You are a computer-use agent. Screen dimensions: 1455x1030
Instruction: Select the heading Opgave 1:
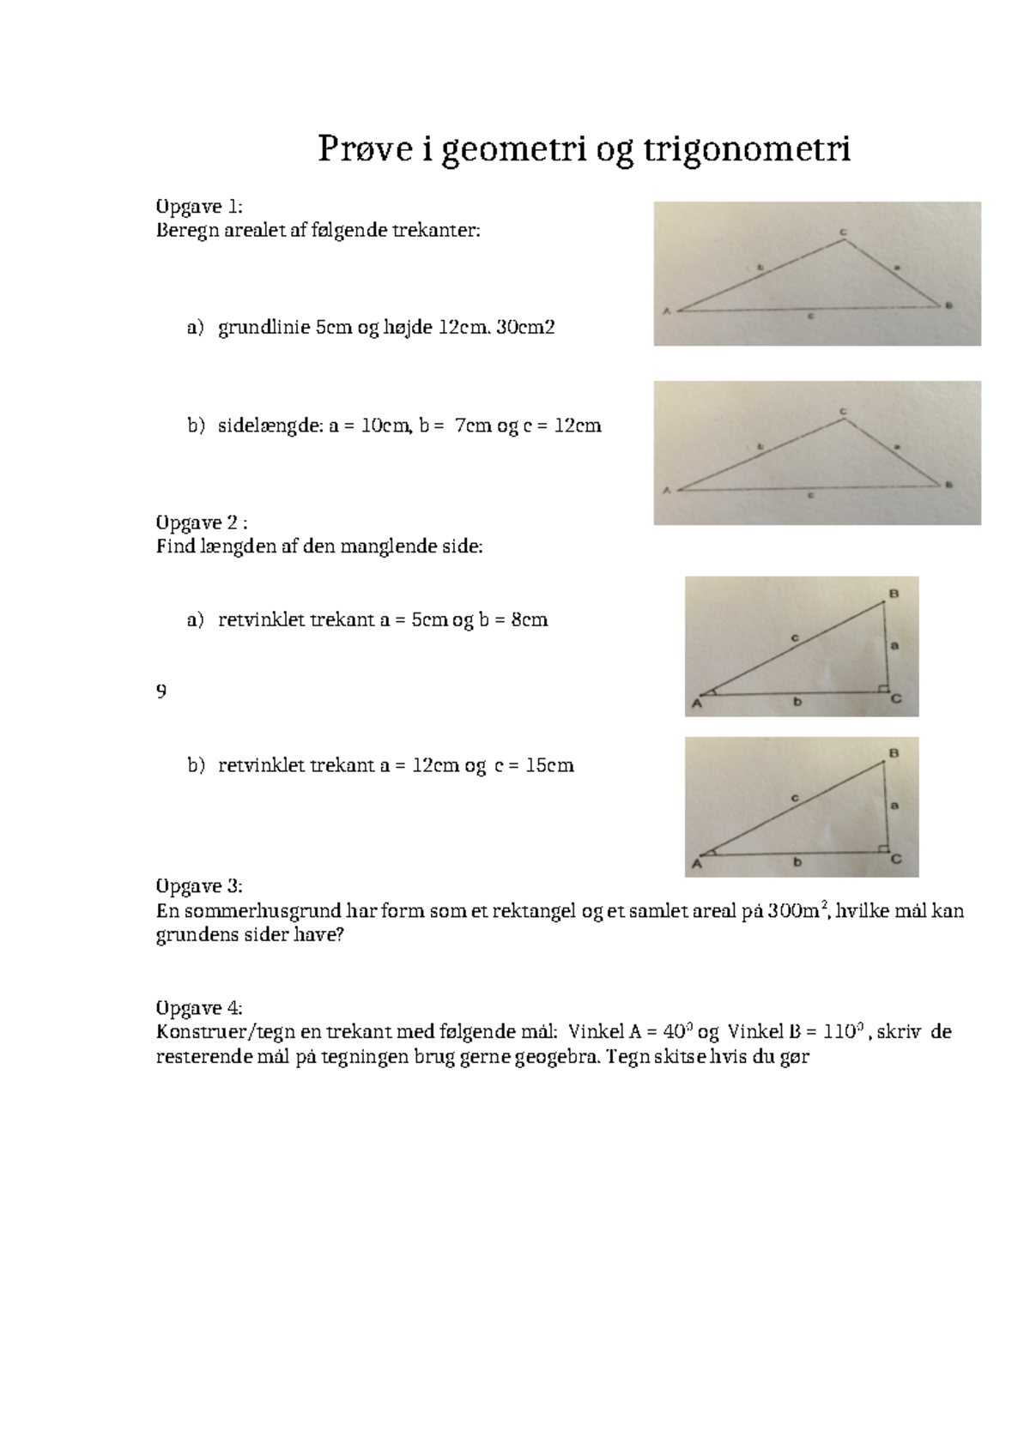click(199, 207)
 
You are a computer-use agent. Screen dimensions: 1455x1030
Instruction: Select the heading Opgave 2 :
click(203, 522)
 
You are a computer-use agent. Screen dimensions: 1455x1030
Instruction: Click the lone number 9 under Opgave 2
click(161, 691)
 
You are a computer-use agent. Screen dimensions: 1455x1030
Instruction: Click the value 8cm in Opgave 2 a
click(529, 619)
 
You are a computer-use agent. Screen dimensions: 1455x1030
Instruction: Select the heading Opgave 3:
click(199, 886)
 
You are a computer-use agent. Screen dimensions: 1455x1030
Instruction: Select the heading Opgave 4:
click(199, 1007)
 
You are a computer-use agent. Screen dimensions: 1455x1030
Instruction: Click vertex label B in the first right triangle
click(894, 594)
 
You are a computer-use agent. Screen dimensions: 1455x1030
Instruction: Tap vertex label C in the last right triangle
click(895, 859)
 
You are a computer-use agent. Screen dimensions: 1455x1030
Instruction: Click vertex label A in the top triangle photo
click(665, 312)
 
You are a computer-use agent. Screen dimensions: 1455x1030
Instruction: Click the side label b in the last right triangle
click(797, 862)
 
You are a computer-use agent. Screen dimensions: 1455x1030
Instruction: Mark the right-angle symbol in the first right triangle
click(882, 688)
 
